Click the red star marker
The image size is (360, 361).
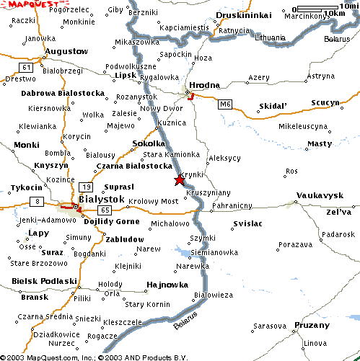point(179,181)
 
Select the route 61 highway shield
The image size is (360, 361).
point(27,67)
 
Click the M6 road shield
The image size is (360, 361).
point(227,104)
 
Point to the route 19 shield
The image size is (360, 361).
point(86,186)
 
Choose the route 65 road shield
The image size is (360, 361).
point(105,210)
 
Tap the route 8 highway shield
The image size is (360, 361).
point(35,201)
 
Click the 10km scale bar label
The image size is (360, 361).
point(334,13)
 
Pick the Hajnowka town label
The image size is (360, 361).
point(162,284)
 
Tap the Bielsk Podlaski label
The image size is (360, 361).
point(44,280)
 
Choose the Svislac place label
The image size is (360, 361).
point(247,224)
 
